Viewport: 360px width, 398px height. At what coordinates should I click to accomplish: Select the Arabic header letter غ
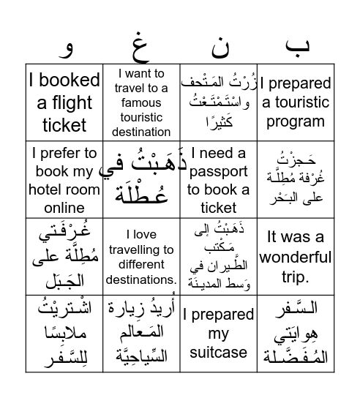pos(140,48)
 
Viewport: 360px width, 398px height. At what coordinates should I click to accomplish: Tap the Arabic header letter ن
pos(219,48)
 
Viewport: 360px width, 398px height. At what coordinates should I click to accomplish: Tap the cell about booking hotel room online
pos(64,180)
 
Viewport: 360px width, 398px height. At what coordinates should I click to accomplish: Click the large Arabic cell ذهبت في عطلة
pos(141,180)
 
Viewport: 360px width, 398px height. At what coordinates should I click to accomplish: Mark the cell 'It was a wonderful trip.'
pos(296,257)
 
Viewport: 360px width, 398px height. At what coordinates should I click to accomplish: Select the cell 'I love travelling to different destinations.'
pos(141,257)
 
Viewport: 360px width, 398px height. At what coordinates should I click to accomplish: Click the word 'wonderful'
pos(296,257)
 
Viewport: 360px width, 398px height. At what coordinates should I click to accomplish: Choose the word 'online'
pos(64,208)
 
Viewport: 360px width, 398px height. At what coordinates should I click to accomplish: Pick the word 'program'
pos(296,121)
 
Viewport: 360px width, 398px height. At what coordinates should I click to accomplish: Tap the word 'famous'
pos(141,102)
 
